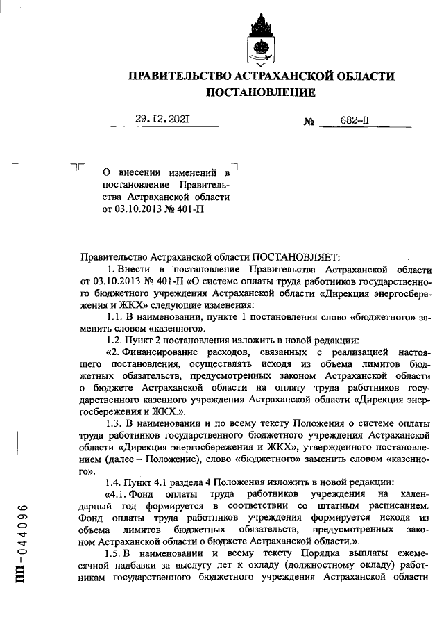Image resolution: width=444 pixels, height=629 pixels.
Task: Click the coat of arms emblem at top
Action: click(x=262, y=38)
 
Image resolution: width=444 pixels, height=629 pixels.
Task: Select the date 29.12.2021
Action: click(x=164, y=119)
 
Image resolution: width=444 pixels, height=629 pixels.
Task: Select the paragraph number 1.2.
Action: click(x=114, y=341)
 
